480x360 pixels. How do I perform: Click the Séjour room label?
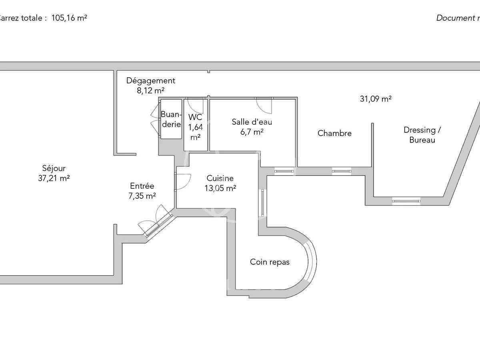(x=54, y=168)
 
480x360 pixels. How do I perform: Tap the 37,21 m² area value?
(x=54, y=178)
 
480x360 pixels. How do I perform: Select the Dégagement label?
(x=151, y=80)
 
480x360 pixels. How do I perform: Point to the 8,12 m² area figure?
(x=151, y=90)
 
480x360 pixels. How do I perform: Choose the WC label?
(x=195, y=117)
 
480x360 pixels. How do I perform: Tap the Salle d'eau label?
(x=249, y=122)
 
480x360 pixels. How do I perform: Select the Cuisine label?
(x=220, y=178)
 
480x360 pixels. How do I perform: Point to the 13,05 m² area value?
(x=220, y=188)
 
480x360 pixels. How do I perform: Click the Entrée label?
(x=142, y=186)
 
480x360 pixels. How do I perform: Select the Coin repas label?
(x=270, y=262)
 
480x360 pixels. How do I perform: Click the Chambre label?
(x=334, y=133)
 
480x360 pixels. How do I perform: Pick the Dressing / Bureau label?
(x=419, y=135)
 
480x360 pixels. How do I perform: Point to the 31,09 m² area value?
(x=375, y=99)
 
